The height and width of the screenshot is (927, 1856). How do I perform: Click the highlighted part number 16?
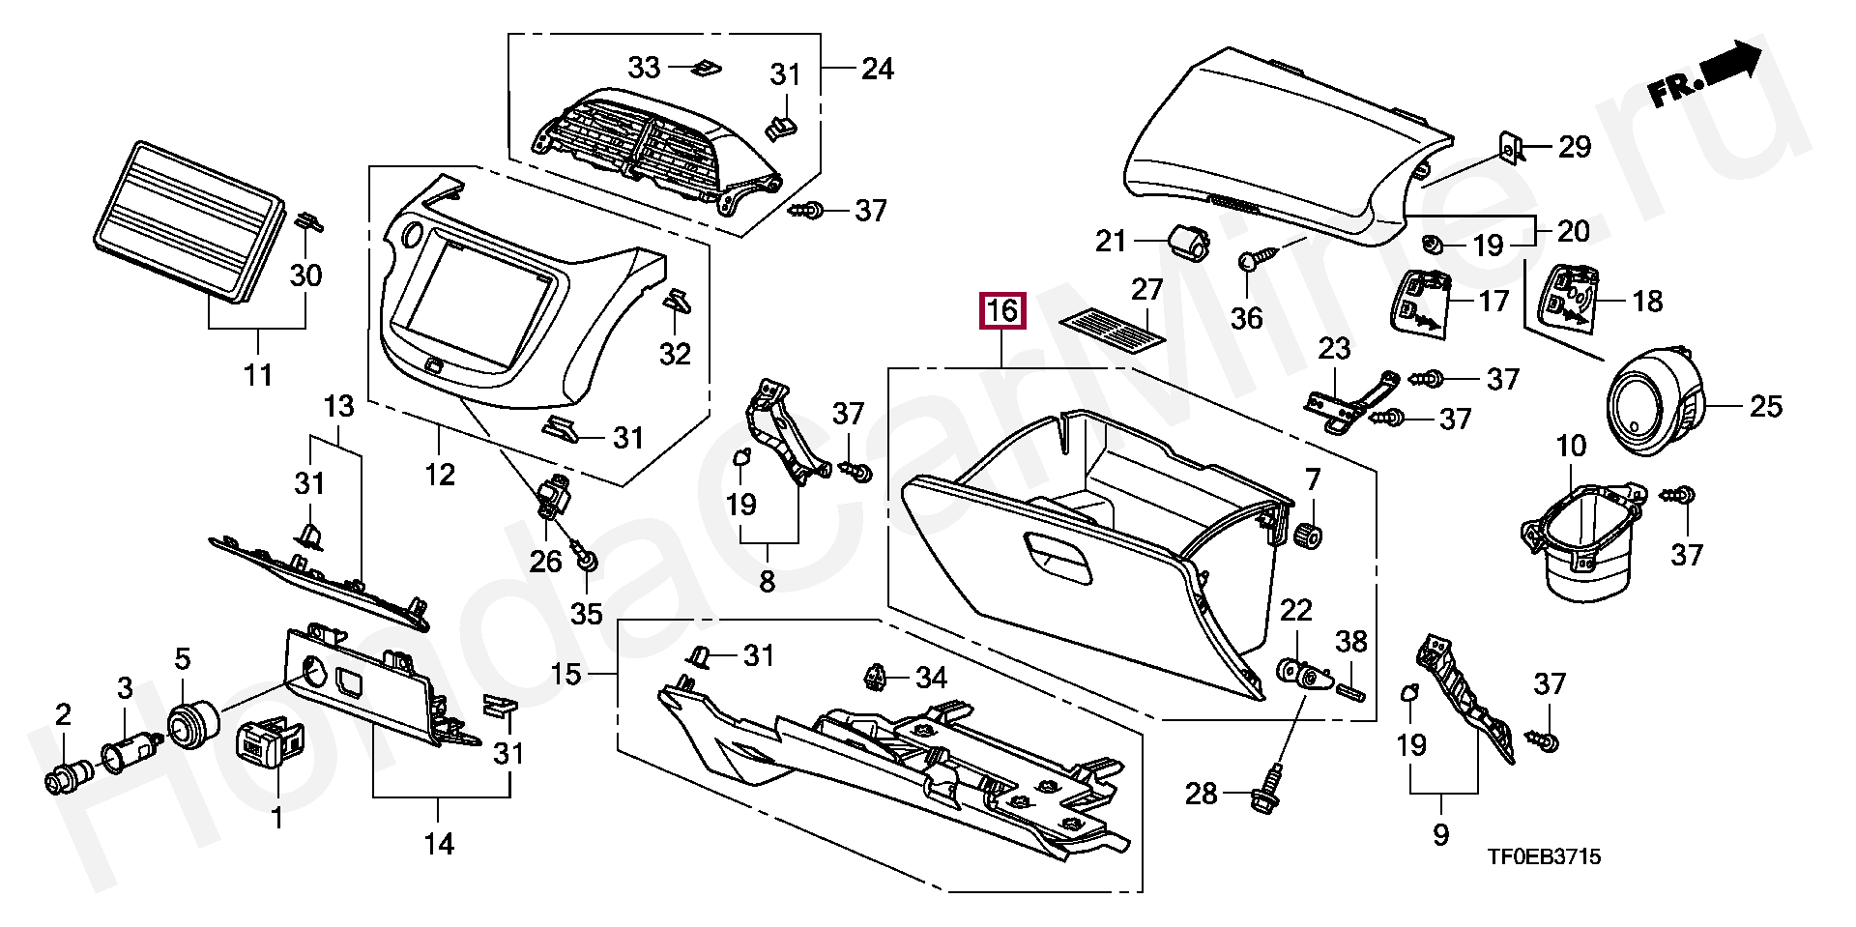[x=1002, y=311]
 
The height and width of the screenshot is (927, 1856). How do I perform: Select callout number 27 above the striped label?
[x=1147, y=289]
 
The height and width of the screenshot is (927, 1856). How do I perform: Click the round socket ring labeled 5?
[x=192, y=723]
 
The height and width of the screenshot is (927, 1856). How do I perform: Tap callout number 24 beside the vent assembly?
[x=877, y=69]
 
